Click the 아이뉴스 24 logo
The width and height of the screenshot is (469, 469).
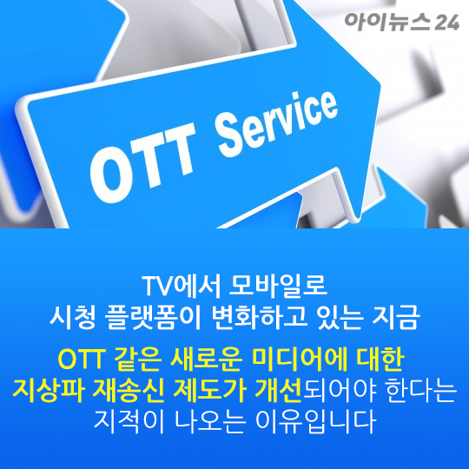pyautogui.click(x=402, y=22)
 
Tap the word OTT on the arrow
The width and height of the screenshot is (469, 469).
pyautogui.click(x=143, y=162)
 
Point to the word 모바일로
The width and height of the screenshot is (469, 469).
pyautogui.click(x=278, y=286)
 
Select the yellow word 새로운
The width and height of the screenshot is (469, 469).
pyautogui.click(x=206, y=360)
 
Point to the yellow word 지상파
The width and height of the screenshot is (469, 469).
pyautogui.click(x=49, y=391)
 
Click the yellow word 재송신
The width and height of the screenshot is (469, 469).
pyautogui.click(x=129, y=391)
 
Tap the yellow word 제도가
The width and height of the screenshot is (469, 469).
pyautogui.click(x=209, y=391)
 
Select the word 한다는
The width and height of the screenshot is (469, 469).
pyautogui.click(x=421, y=391)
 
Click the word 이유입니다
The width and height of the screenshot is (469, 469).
pyautogui.click(x=315, y=422)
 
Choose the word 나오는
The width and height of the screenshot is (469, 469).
pyautogui.click(x=209, y=422)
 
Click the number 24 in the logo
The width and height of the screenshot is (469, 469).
pyautogui.click(x=447, y=23)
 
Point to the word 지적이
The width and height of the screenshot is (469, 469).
pyautogui.click(x=129, y=422)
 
